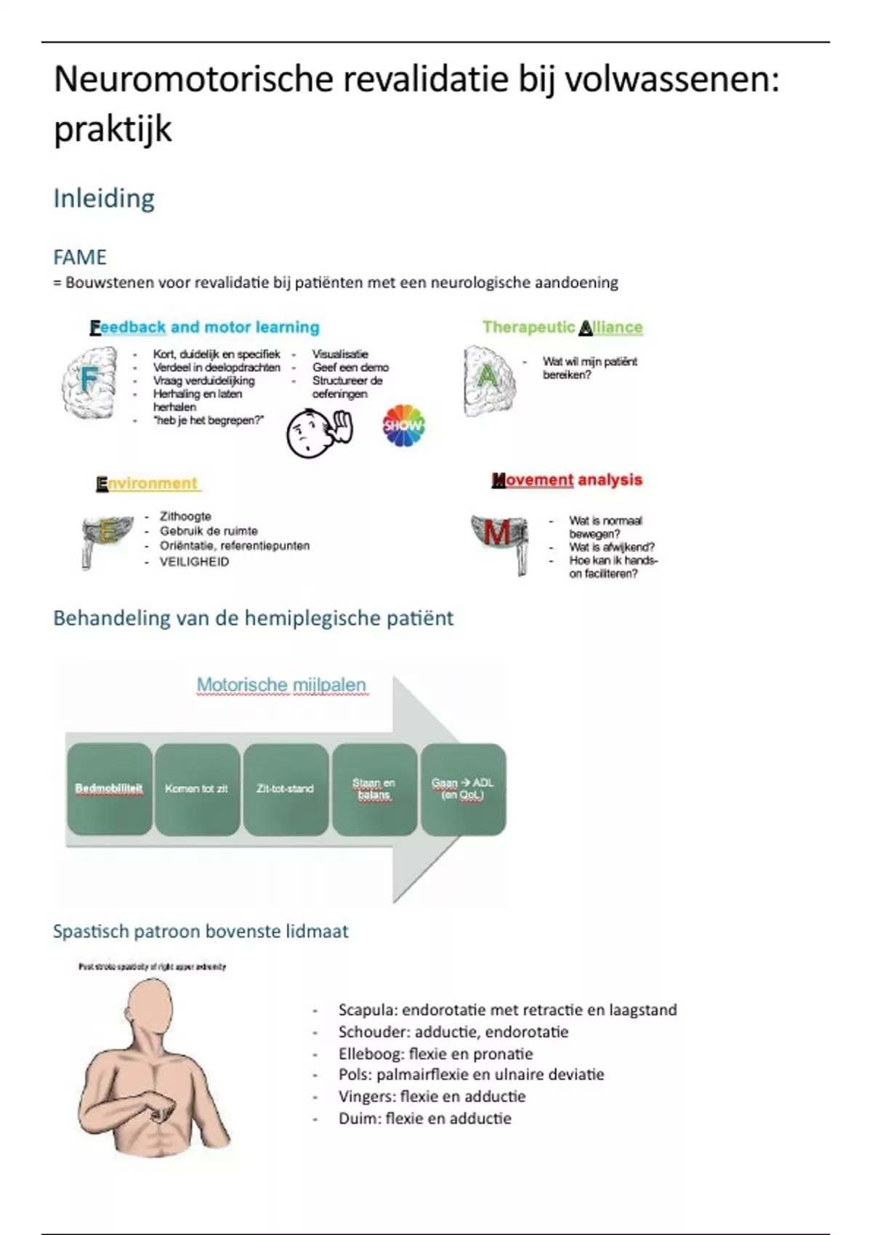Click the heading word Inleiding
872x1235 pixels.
[104, 198]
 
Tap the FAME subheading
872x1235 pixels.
[80, 257]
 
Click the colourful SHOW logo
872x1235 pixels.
[403, 425]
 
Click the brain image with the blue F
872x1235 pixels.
[89, 382]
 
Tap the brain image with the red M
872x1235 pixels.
[500, 538]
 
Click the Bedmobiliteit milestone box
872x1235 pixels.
[109, 789]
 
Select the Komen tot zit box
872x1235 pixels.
[197, 789]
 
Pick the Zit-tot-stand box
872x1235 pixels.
[285, 789]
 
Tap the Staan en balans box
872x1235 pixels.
[374, 789]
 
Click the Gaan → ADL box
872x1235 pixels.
[463, 789]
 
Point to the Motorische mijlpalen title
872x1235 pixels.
[281, 685]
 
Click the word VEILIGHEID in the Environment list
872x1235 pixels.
[194, 562]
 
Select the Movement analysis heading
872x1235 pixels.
[567, 480]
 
